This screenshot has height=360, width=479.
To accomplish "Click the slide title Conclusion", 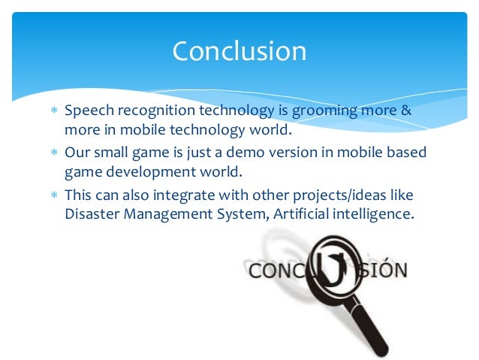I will pyautogui.click(x=239, y=52).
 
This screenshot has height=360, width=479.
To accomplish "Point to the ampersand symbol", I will pyautogui.click(x=406, y=111).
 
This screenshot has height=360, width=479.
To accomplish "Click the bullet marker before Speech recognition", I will pyautogui.click(x=53, y=112).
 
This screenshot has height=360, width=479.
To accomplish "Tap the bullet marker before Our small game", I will pyautogui.click(x=53, y=153).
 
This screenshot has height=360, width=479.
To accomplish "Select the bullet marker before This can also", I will pyautogui.click(x=53, y=195).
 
